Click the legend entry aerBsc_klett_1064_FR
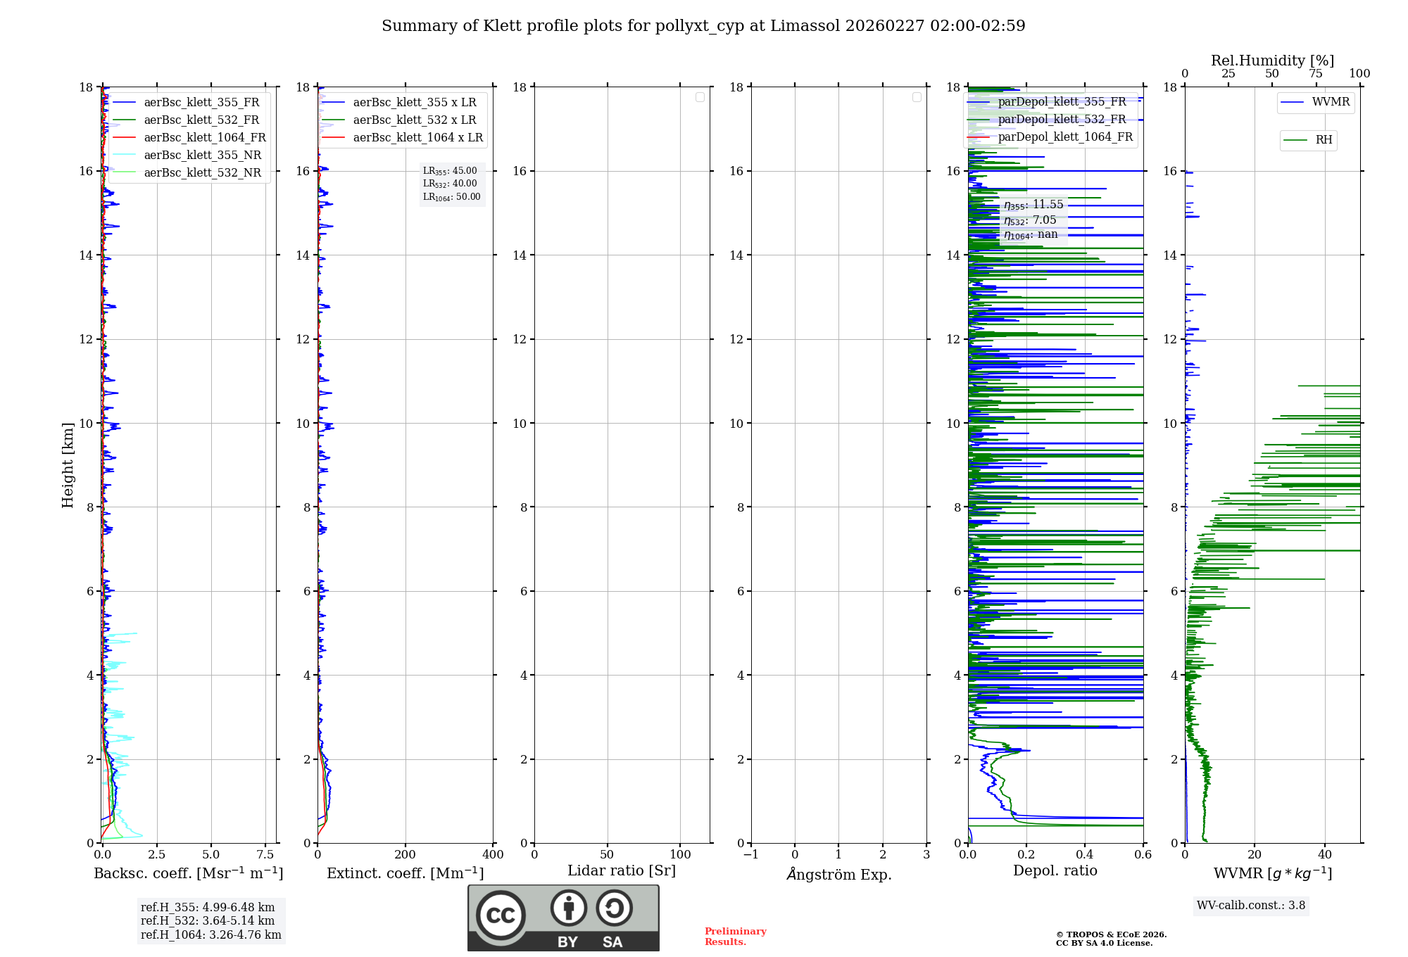pos(204,138)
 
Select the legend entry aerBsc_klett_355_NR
pos(202,156)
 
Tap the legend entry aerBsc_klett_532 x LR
pos(414,120)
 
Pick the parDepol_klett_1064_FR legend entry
pos(1064,137)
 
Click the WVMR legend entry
pos(1330,102)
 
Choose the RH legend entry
pos(1323,140)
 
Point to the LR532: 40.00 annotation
pos(450,184)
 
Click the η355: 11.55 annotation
pos(1033,205)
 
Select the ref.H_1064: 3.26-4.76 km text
pos(210,935)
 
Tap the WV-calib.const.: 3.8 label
pos(1250,906)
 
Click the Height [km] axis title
pos(68,465)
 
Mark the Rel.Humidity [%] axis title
pos(1272,61)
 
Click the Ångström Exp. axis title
pos(838,875)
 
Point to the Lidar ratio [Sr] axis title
pos(621,871)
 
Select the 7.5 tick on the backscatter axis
pos(265,855)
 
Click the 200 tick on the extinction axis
pos(405,855)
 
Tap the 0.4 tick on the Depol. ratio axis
pos(1084,855)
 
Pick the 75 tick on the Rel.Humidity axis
pos(1315,74)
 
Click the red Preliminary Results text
pos(735,937)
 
